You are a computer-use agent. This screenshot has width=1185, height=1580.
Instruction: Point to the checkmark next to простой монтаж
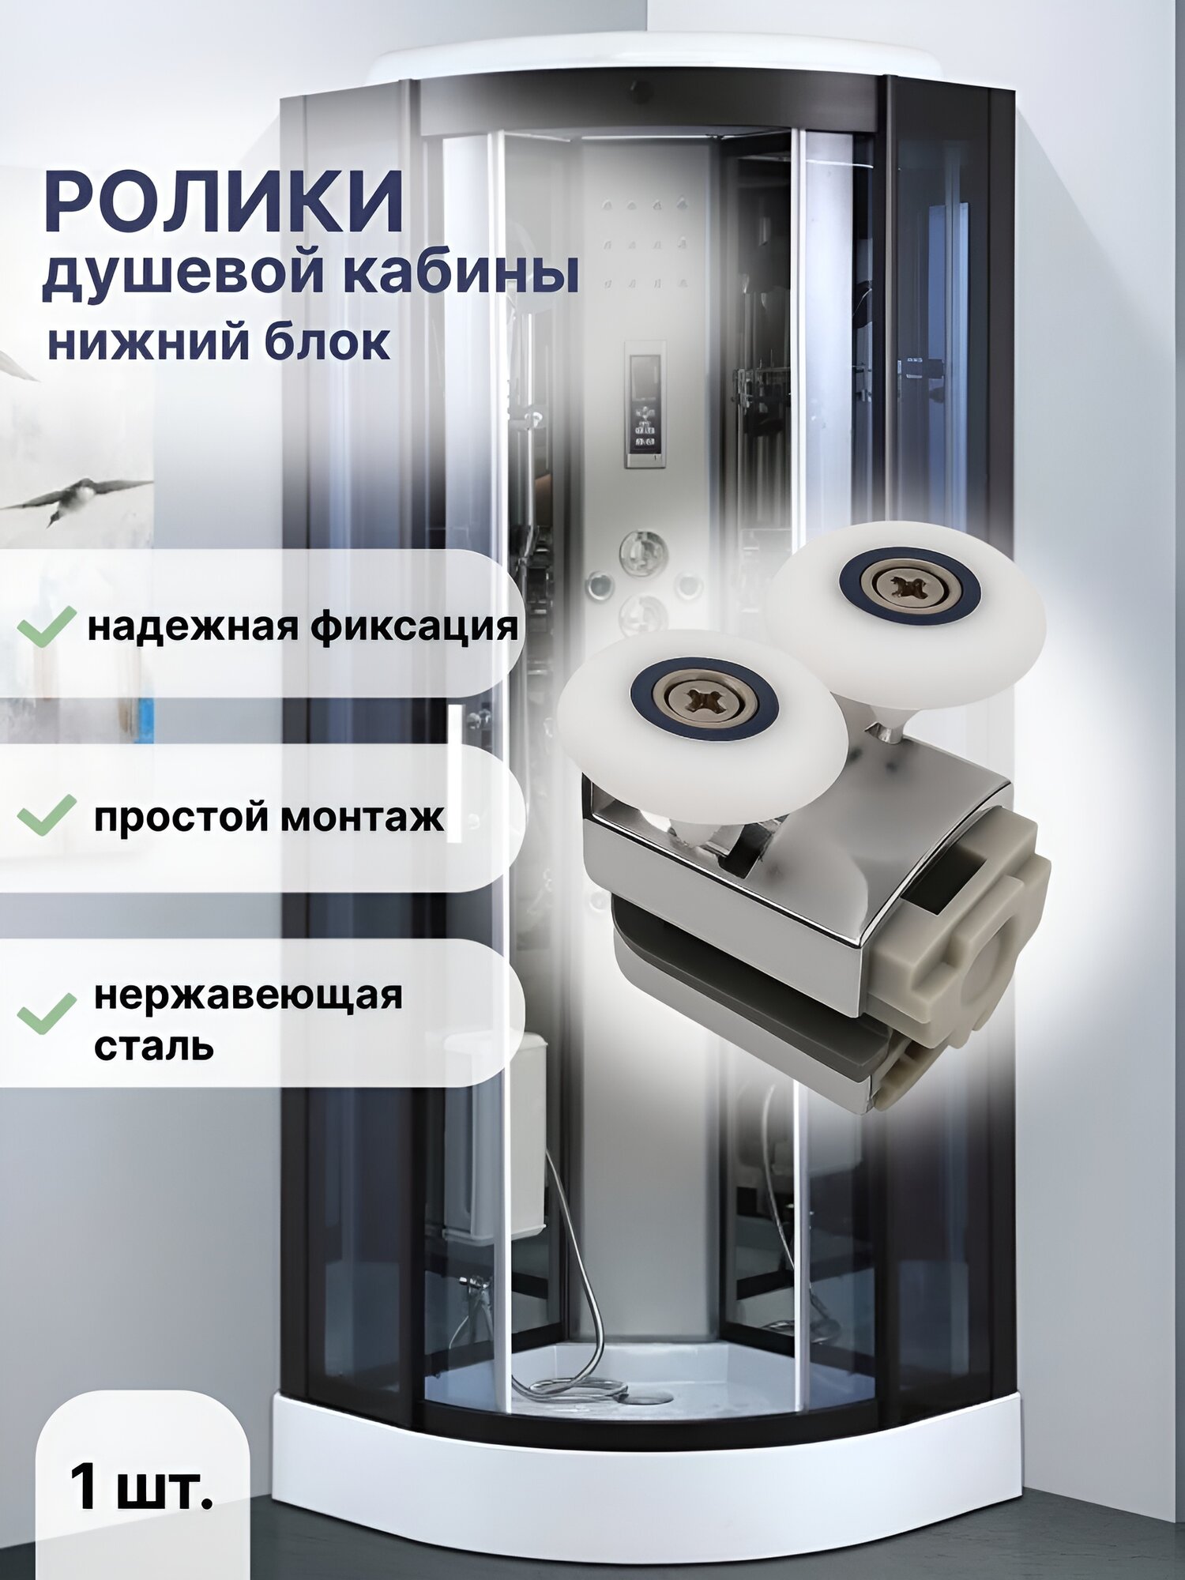[x=47, y=814]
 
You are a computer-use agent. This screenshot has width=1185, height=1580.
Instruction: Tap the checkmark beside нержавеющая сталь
[x=47, y=1014]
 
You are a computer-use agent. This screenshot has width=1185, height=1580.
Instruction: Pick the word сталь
[x=154, y=1046]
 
